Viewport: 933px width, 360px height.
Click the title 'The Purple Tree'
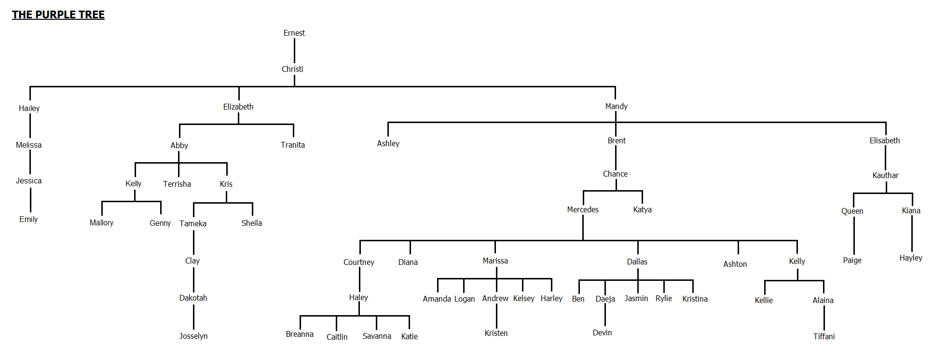coord(58,15)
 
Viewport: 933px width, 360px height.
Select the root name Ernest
coord(294,33)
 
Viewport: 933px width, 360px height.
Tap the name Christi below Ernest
coord(292,69)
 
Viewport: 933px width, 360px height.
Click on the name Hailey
coord(29,108)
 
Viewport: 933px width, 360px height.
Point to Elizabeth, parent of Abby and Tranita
coord(238,107)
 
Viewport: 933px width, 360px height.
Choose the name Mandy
coord(616,106)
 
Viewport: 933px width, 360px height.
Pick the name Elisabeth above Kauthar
coord(884,140)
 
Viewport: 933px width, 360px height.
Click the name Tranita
coord(292,145)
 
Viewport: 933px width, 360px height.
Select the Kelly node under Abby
coord(133,183)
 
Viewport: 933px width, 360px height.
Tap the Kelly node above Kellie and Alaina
coord(796,261)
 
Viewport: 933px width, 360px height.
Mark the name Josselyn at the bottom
coord(193,336)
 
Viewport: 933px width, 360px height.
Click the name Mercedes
coord(582,209)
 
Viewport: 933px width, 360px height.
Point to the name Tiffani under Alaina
coord(823,336)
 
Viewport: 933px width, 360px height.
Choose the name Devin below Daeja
coord(602,332)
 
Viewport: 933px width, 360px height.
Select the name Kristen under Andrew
coord(496,333)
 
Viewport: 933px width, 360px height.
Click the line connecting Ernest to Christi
coord(294,51)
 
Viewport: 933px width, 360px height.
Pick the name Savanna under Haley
coord(376,336)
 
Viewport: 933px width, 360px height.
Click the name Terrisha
coord(177,184)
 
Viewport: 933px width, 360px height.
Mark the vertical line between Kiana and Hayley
coord(911,234)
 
